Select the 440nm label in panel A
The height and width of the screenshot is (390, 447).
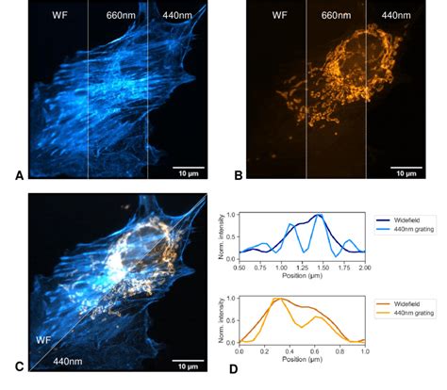(175, 16)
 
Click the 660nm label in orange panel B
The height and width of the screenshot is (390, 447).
(335, 16)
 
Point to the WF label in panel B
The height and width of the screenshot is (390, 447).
(279, 16)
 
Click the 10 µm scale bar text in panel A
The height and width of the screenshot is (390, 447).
(184, 173)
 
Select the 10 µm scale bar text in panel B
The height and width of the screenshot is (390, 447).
(405, 173)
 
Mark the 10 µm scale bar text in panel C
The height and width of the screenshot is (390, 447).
(184, 364)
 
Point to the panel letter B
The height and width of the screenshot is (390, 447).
(239, 174)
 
